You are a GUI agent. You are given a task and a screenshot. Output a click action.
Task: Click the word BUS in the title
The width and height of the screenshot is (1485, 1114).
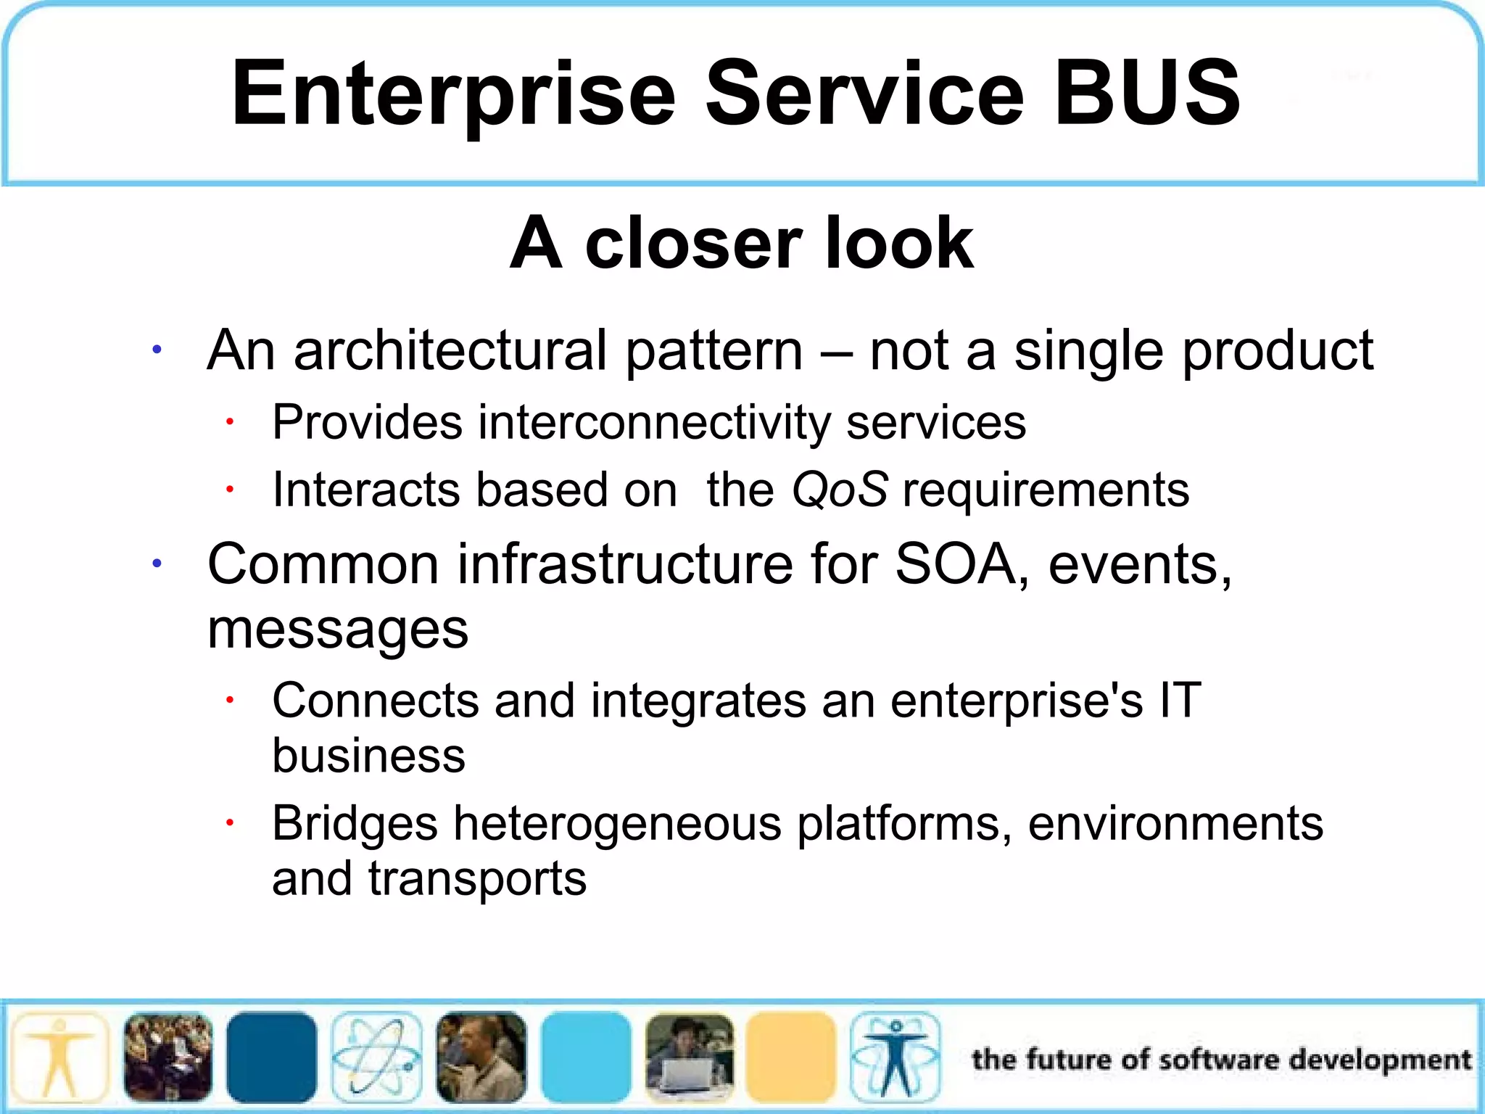tap(1147, 93)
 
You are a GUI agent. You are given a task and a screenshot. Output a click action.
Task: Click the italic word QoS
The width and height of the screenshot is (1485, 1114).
tap(839, 490)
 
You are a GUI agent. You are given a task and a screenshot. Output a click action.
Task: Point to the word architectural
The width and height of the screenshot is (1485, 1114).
tap(450, 350)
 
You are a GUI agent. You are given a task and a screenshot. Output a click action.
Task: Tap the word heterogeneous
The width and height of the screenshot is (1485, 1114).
tap(617, 824)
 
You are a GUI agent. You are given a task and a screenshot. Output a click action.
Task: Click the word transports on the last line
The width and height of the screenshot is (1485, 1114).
tap(476, 878)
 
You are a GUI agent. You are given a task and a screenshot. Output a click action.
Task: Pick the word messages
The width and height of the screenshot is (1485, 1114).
tap(338, 629)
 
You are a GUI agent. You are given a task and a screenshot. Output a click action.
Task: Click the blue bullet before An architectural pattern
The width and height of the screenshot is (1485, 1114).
tap(157, 351)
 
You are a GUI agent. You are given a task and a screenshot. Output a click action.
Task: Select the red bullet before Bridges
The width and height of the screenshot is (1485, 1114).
tap(229, 823)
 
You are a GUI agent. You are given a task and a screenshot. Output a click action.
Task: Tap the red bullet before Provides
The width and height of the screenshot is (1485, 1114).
tap(229, 421)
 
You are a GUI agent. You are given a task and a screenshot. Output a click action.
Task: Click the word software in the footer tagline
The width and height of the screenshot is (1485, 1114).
tap(1219, 1060)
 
